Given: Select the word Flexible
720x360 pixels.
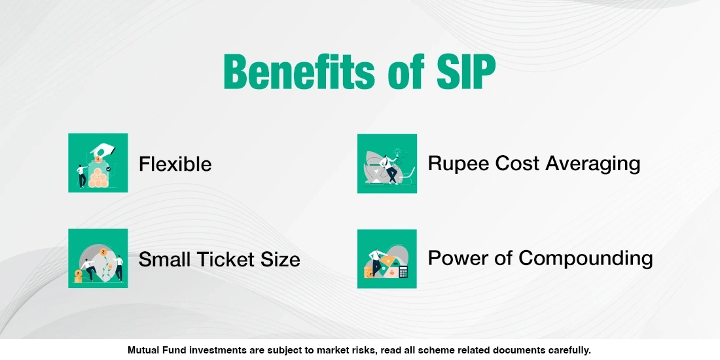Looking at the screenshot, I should coord(175,164).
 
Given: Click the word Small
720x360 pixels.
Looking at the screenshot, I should coord(164,259).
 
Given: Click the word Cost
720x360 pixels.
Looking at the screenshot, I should coord(517,163).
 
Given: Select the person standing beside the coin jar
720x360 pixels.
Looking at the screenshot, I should coord(81,175).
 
